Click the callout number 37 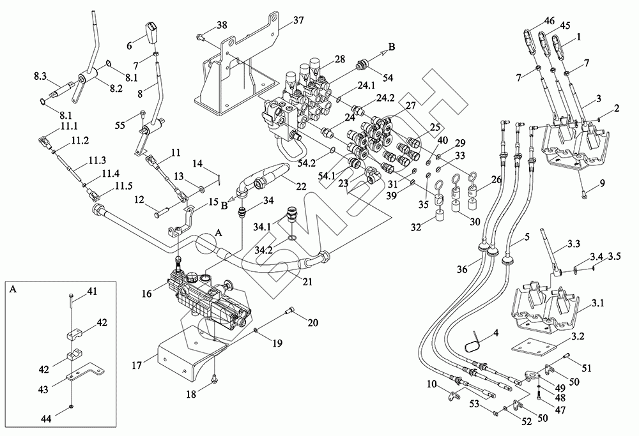tap(299, 20)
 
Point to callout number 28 tap(339, 59)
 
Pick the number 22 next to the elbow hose tap(300, 186)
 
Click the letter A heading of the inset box tap(14, 289)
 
